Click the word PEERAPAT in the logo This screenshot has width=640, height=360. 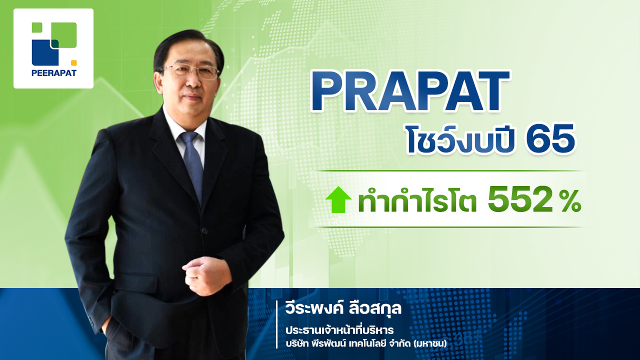(53, 73)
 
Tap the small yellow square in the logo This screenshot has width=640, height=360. (73, 63)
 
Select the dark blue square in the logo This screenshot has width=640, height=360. (45, 52)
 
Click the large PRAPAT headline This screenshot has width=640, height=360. (410, 91)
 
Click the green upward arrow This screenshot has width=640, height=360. (338, 199)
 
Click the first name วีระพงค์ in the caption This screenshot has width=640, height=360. (314, 308)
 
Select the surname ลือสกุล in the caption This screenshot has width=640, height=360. (375, 308)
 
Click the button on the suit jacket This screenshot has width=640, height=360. (204, 230)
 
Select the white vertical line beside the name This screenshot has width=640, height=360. (277, 324)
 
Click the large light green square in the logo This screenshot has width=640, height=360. (64, 35)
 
